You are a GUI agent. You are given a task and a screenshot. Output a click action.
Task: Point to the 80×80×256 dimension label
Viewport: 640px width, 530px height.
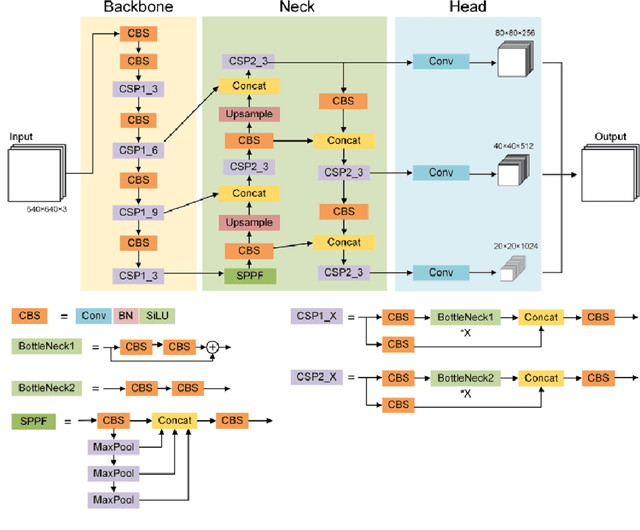point(514,32)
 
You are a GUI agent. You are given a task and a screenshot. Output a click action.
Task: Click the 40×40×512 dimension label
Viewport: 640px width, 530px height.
point(514,147)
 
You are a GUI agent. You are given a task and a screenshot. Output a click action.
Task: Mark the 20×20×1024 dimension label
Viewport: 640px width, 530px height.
point(514,246)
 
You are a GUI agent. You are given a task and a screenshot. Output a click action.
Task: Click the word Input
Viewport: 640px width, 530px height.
point(23,136)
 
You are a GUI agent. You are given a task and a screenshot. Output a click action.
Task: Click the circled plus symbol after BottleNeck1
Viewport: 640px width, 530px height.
point(212,348)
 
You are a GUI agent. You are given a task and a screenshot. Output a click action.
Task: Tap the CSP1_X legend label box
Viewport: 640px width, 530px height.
point(318,316)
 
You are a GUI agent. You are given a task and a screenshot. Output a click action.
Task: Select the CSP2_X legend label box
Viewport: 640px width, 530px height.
point(318,378)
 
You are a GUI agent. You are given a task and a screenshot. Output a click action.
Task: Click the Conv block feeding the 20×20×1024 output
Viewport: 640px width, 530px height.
point(441,271)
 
